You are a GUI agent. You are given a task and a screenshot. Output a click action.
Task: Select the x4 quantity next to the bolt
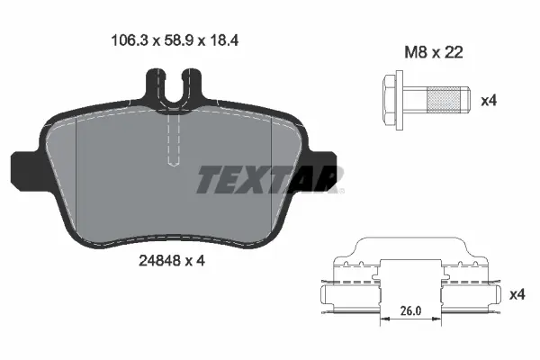[x=489, y=100]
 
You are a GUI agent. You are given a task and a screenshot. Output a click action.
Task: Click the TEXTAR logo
[x=269, y=181]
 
